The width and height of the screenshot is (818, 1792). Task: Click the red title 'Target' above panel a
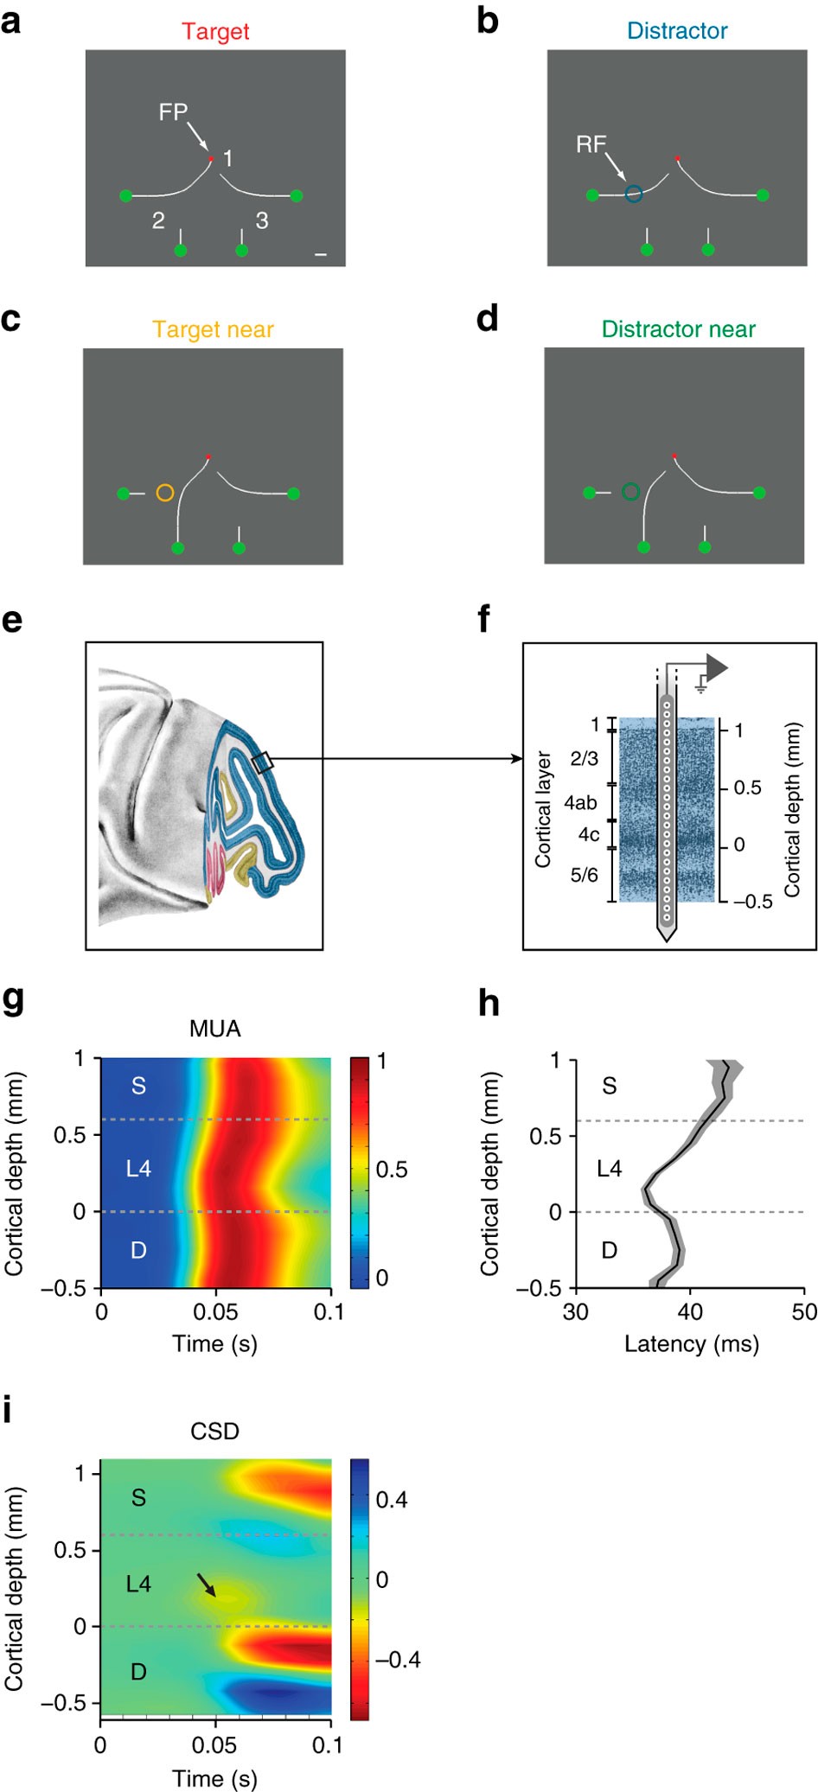[215, 31]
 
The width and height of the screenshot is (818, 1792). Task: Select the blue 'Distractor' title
[677, 31]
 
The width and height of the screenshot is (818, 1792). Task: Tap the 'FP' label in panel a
[173, 112]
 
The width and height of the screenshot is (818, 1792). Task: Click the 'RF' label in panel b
[591, 144]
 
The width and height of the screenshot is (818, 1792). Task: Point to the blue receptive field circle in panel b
[634, 195]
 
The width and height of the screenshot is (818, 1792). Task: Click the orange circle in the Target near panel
[165, 493]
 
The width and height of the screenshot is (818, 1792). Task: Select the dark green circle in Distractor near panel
[630, 492]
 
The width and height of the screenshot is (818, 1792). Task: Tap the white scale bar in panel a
[321, 254]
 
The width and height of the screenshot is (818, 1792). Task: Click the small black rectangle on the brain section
[263, 762]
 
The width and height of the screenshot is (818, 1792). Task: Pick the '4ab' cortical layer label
[580, 803]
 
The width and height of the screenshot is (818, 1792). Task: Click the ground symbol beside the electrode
[701, 689]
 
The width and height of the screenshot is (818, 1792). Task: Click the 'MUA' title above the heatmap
[215, 1029]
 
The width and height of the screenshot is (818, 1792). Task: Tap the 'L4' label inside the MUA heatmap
[138, 1169]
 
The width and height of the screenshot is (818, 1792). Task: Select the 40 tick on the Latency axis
[690, 1312]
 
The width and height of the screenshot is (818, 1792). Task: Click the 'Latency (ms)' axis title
[692, 1344]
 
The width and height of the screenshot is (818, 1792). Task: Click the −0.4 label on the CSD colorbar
[398, 1660]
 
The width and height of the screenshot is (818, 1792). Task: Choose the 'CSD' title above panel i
[214, 1432]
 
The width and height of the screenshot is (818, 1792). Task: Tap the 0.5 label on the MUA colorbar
[392, 1170]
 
